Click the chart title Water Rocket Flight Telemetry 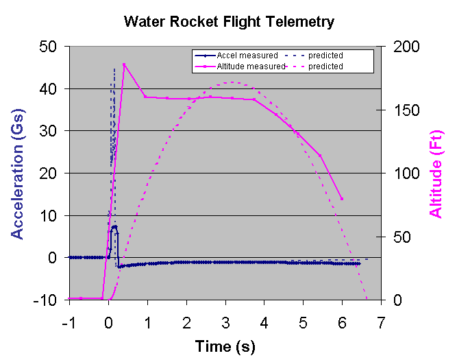(x=229, y=21)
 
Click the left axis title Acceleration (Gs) (x=18, y=173)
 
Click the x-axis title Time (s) (x=225, y=346)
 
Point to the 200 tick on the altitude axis (x=402, y=47)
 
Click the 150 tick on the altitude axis (x=402, y=110)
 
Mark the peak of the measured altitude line (x=124, y=64)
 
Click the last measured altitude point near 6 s (x=342, y=199)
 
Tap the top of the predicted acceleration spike (x=114, y=68)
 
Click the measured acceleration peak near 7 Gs (x=114, y=226)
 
